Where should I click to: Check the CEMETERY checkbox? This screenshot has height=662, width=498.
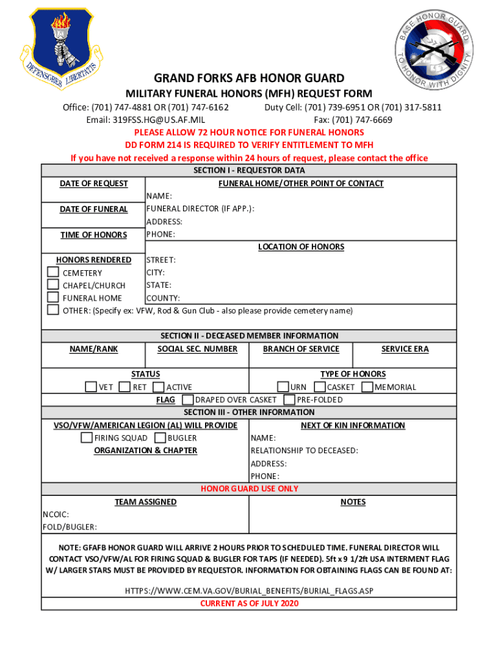coord(53,272)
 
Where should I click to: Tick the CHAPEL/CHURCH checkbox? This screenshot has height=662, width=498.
coord(53,284)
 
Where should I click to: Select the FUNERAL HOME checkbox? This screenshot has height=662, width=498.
coord(53,297)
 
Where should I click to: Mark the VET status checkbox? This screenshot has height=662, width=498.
coord(91,387)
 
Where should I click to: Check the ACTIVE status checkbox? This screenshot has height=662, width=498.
coord(158,387)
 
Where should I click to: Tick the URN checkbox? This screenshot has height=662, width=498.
coord(283,387)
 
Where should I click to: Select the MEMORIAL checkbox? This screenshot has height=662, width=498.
coord(367,387)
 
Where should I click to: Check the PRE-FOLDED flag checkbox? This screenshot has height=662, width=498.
coord(289,400)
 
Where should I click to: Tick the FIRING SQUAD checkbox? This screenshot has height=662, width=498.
coord(86,438)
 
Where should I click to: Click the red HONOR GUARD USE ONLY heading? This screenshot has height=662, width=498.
coord(249,489)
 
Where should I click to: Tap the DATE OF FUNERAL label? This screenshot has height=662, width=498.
coord(94,209)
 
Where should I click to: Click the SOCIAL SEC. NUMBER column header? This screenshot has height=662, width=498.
coord(197,349)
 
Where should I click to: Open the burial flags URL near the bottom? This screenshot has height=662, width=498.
coord(249,591)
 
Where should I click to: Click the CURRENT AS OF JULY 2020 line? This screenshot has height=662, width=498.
coord(249,604)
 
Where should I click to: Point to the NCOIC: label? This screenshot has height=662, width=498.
coord(56,514)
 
